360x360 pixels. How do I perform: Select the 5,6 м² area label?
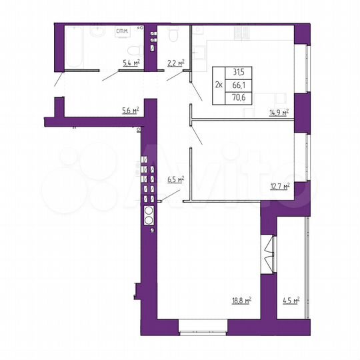[x=130, y=110]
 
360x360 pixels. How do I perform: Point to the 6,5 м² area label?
[x=175, y=179]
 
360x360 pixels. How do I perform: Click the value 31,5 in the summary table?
[x=237, y=74]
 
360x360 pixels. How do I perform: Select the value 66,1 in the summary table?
[x=237, y=85]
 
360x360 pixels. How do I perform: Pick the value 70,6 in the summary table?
[x=237, y=97]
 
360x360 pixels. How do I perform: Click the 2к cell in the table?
[x=219, y=85]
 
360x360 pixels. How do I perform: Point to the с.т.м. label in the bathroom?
[x=122, y=31]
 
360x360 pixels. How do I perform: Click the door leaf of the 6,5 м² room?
[x=171, y=192]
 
